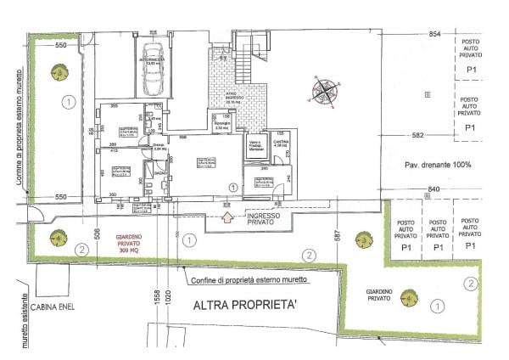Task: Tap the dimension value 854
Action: (435, 33)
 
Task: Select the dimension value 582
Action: (417, 135)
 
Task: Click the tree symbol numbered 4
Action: (58, 239)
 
